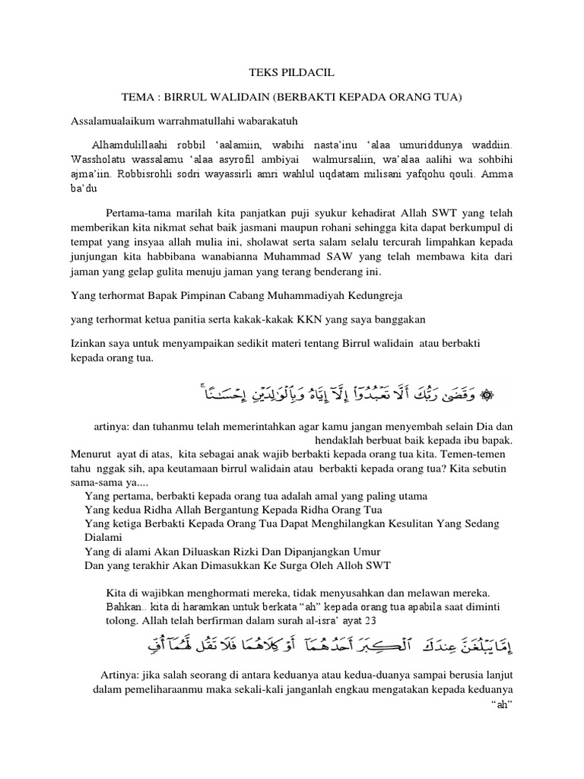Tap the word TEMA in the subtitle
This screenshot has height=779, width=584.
[x=138, y=98]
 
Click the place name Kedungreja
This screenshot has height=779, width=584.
[x=368, y=294]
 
